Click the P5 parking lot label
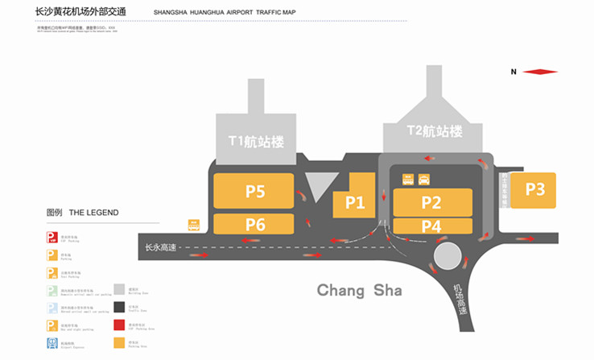[255, 192]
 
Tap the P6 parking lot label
[255, 225]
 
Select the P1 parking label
[355, 203]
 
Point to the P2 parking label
[431, 202]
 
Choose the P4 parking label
[431, 227]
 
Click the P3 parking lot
[535, 190]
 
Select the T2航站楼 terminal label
[435, 130]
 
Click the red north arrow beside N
[540, 72]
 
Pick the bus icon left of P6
[194, 226]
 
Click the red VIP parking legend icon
[52, 237]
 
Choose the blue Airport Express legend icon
[52, 343]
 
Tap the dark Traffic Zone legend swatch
[119, 307]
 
